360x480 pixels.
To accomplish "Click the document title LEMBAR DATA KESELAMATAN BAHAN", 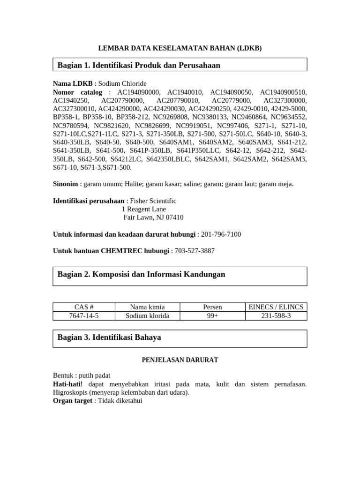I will (180, 48).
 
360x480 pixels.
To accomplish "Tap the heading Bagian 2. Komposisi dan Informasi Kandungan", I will (141, 274).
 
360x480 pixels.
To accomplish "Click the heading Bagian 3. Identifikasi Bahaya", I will (109, 337).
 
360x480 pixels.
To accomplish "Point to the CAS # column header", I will (84, 307).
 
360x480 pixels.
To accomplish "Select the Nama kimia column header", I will (147, 307).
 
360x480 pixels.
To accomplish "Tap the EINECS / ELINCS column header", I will (276, 307).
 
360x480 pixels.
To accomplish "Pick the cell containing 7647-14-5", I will (84, 315).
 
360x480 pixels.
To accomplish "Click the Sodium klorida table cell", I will (147, 315).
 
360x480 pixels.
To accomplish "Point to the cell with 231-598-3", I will (276, 315).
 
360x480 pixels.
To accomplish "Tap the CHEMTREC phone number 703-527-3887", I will (195, 251).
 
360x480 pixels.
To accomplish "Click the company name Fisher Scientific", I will (153, 201).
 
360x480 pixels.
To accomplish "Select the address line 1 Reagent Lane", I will (143, 209).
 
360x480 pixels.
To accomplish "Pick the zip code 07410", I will (174, 217).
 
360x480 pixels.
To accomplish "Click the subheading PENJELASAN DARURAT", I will (180, 360).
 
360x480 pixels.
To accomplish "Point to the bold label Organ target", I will (72, 401).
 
